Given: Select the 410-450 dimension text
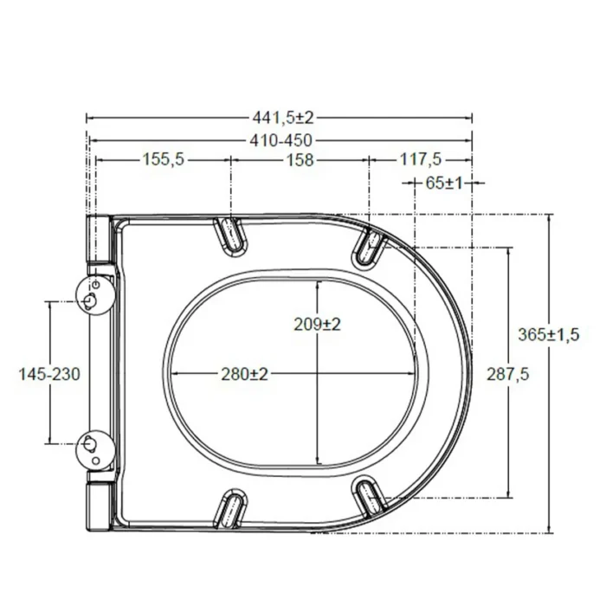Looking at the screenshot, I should tap(282, 140).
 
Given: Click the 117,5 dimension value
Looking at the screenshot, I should tap(421, 159).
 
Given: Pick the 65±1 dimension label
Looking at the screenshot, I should tap(445, 183).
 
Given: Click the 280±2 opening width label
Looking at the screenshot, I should tap(243, 374).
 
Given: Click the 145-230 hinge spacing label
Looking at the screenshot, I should tap(49, 373).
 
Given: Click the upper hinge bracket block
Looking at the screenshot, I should tap(99, 237).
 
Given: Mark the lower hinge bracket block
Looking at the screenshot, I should tap(99, 505).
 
